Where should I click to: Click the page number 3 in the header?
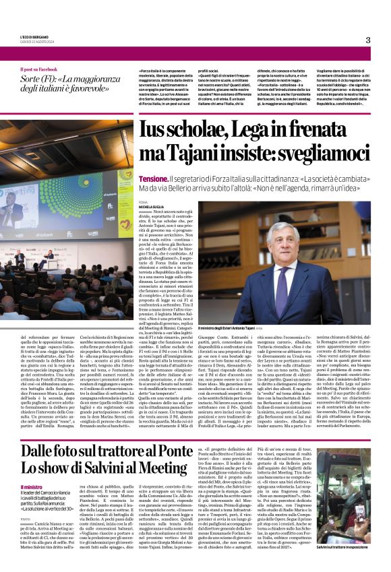(368, 40)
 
